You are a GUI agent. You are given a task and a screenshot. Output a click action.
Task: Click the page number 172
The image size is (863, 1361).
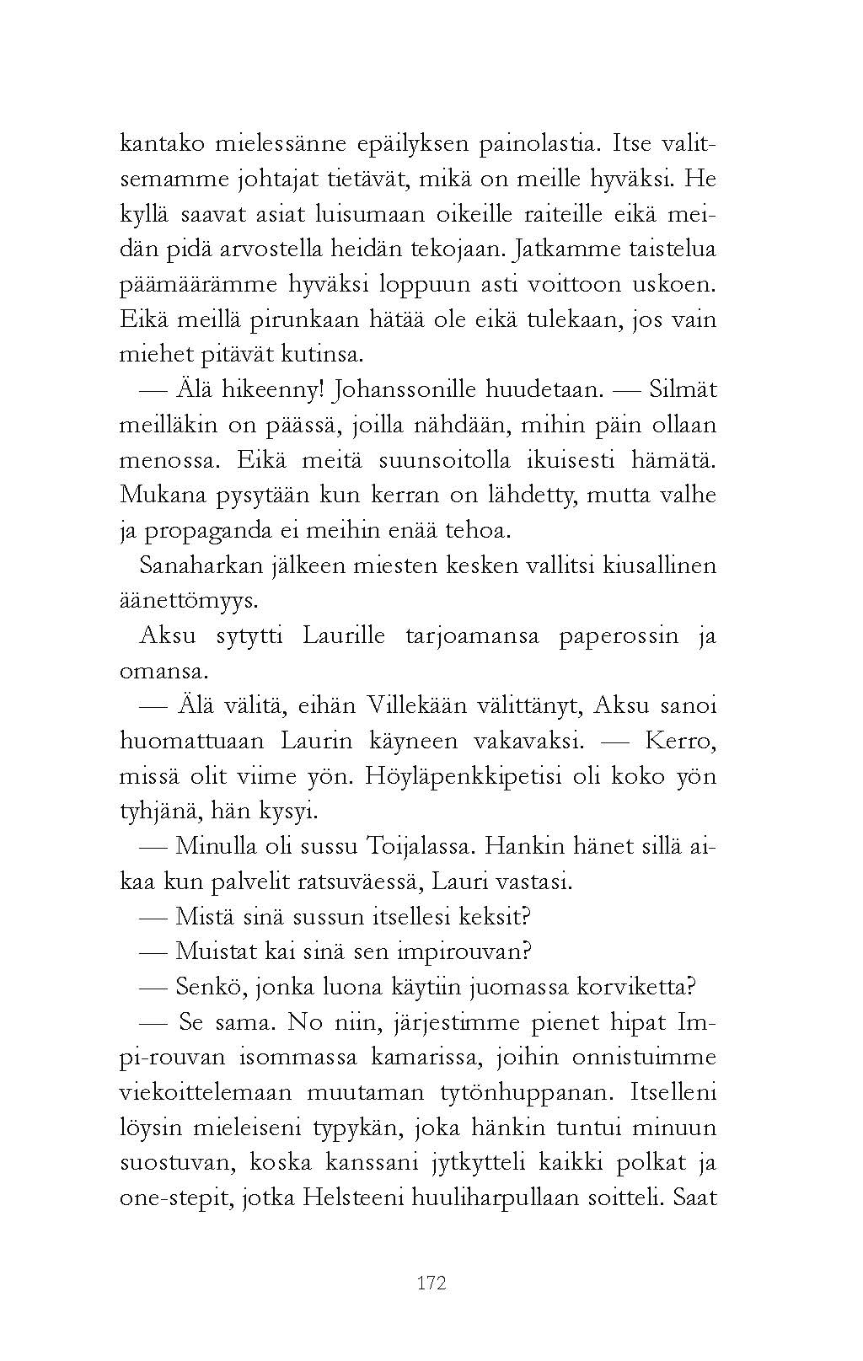[431, 1283]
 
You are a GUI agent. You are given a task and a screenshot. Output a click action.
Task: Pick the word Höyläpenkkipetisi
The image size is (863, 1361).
[463, 776]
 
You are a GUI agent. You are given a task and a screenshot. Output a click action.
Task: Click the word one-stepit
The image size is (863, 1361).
[174, 1198]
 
